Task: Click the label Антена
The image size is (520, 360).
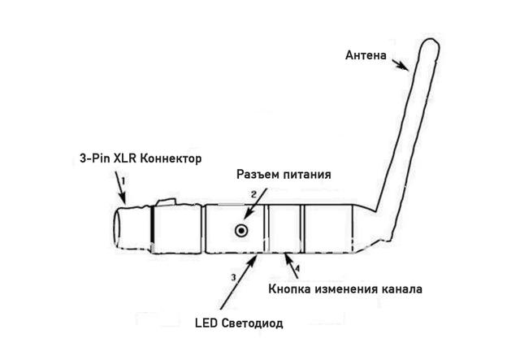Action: tap(367, 55)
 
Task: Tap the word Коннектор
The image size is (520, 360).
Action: tap(170, 158)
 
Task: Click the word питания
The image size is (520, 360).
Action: tap(310, 176)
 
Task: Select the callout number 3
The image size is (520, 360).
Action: tap(234, 277)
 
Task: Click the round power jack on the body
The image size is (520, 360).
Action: tap(241, 231)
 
